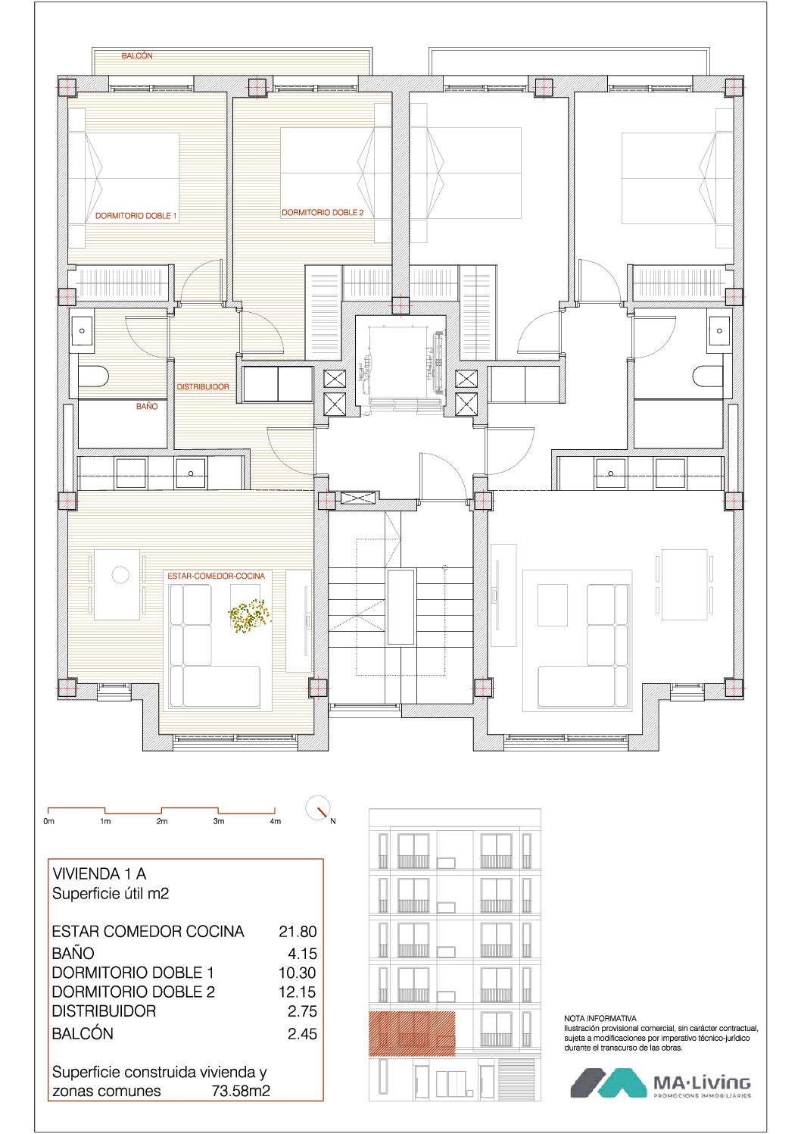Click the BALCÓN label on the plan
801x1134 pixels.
136,56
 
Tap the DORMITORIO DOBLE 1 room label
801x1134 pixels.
136,216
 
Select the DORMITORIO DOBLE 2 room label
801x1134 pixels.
323,213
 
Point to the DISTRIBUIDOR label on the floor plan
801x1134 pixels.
203,387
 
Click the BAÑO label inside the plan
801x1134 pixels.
147,406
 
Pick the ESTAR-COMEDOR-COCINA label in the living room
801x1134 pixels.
216,576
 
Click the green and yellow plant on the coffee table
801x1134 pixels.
249,616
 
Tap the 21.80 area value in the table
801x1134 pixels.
298,931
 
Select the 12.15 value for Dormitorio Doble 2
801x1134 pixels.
298,992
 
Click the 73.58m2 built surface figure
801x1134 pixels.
241,1090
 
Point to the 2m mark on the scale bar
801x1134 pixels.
162,821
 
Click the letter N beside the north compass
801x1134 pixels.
333,821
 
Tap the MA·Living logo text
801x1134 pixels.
702,1083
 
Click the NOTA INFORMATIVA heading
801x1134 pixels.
600,1018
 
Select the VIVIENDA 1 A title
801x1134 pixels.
99,873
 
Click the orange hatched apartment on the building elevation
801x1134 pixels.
412,1033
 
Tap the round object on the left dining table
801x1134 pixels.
120,575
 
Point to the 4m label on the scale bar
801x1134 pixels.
276,821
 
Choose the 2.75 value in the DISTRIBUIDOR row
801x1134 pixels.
302,1011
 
